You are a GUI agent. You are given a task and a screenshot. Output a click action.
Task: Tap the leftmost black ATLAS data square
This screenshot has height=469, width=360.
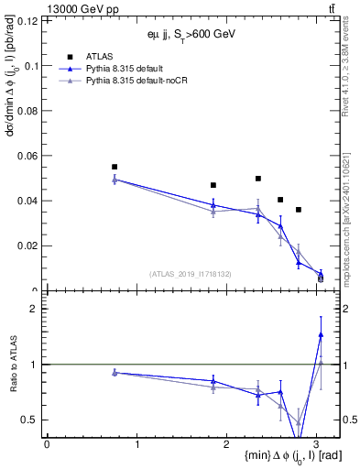(115, 167)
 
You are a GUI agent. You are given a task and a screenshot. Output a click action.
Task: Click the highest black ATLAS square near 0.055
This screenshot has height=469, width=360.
(115, 167)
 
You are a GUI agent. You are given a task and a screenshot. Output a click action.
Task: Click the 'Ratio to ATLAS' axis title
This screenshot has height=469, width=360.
(11, 364)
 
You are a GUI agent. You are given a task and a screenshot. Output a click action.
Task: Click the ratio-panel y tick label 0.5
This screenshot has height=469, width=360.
(31, 420)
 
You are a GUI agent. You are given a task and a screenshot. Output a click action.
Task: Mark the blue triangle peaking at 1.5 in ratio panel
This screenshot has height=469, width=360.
(321, 334)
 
